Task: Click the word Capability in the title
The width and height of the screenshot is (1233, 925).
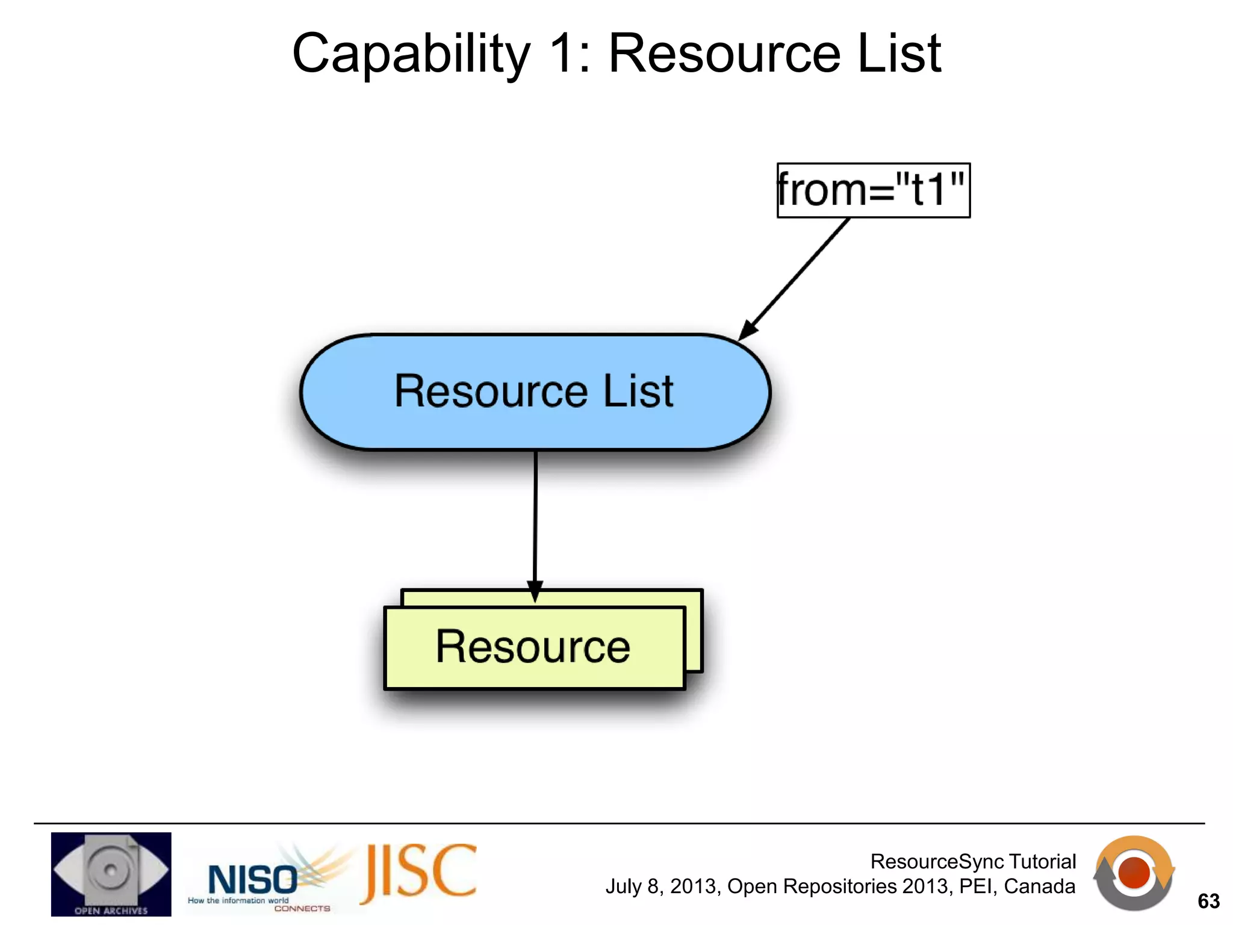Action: click(411, 54)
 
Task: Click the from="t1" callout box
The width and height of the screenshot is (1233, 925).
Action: click(873, 190)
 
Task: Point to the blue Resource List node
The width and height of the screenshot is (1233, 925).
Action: click(535, 391)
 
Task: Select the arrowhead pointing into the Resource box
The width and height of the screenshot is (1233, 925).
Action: click(535, 591)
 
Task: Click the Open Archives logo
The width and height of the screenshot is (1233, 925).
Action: click(111, 874)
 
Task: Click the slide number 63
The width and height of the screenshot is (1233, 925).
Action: click(1208, 901)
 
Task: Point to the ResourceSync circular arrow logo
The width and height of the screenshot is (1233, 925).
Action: click(1134, 873)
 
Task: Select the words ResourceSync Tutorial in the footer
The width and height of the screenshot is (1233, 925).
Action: click(973, 862)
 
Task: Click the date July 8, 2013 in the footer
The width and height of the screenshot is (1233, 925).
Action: click(661, 886)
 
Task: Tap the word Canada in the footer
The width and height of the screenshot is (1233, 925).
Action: click(1039, 886)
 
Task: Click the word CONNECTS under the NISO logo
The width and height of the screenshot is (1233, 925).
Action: click(302, 908)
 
